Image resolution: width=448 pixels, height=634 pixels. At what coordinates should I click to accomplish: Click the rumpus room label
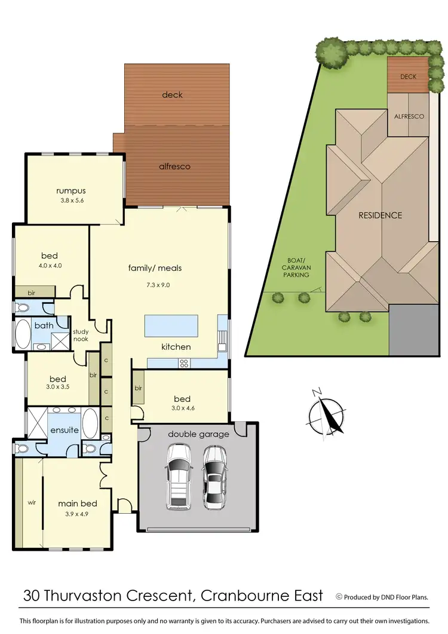pyautogui.click(x=70, y=191)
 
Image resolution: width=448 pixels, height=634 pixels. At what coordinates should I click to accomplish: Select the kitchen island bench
pyautogui.click(x=171, y=327)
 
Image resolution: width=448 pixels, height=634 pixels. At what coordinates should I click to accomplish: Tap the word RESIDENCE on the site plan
pyautogui.click(x=379, y=215)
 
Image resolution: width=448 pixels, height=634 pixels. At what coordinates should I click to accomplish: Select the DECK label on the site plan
pyautogui.click(x=408, y=77)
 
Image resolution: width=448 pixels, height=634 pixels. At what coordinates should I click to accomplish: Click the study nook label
pyautogui.click(x=80, y=335)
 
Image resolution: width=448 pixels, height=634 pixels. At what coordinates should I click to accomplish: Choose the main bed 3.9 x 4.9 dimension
pyautogui.click(x=78, y=514)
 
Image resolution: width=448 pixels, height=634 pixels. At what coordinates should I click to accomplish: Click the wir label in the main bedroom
pyautogui.click(x=32, y=503)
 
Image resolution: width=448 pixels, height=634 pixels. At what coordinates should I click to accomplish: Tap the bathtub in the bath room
pyautogui.click(x=23, y=336)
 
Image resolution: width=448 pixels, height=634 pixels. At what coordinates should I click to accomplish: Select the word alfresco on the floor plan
pyautogui.click(x=176, y=166)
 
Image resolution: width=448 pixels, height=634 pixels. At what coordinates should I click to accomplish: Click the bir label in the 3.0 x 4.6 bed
pyautogui.click(x=138, y=388)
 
